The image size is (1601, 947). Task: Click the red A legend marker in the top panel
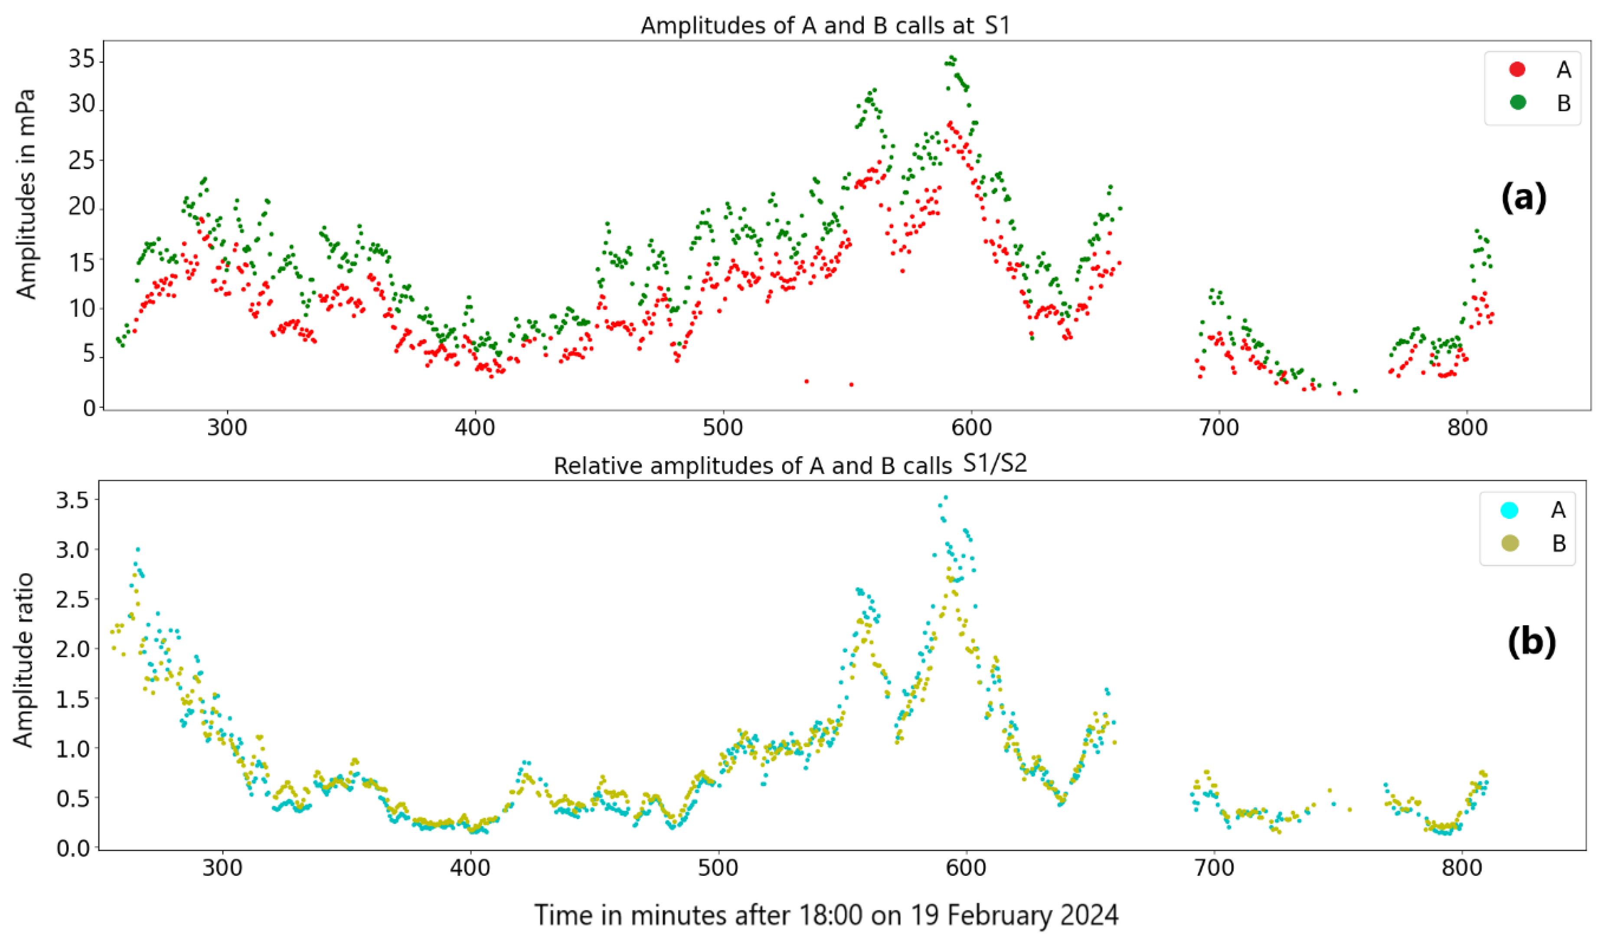point(1517,69)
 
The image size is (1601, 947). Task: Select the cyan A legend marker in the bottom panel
point(1509,510)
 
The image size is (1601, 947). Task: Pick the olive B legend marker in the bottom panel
point(1509,544)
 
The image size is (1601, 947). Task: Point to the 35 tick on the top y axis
point(82,60)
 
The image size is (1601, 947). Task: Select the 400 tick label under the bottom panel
point(470,868)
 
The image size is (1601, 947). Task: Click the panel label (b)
point(1531,642)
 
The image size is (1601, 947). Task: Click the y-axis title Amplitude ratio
point(23,661)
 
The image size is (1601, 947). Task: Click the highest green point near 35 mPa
point(952,57)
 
